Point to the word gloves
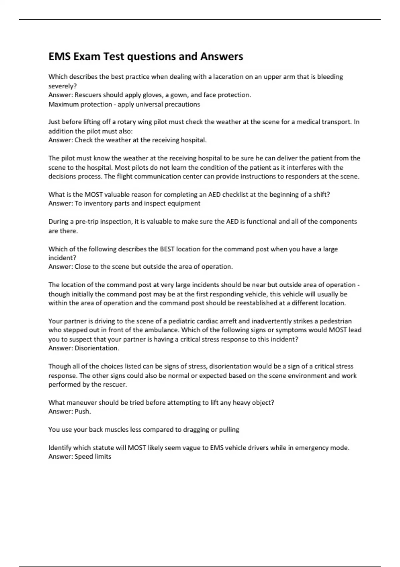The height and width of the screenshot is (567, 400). tap(152, 95)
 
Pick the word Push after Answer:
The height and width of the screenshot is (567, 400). tap(82, 412)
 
